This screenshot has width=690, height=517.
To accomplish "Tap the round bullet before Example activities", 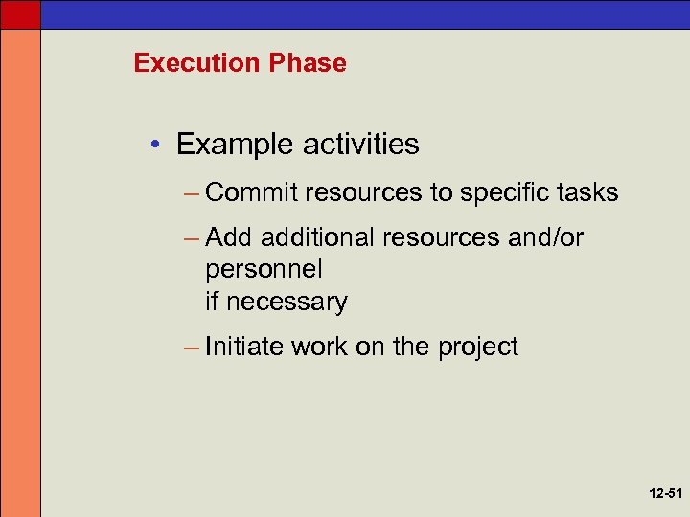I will [156, 146].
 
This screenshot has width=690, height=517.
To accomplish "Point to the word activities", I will [360, 145].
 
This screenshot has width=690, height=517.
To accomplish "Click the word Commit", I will [251, 192].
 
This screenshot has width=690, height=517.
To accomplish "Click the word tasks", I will [588, 192].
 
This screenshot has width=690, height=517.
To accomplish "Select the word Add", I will [229, 236].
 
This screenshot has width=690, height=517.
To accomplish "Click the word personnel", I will [264, 269].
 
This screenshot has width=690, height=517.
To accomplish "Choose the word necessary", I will [287, 302].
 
